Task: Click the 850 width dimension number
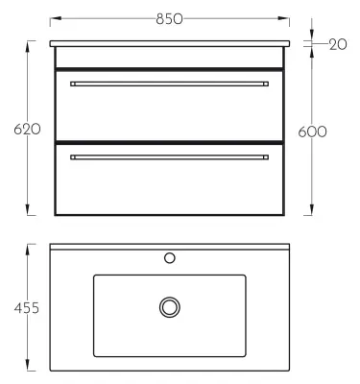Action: (x=169, y=19)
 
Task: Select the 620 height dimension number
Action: (x=27, y=130)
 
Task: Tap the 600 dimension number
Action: (x=312, y=132)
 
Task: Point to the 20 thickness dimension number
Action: (x=338, y=44)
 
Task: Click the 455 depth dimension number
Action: (x=27, y=308)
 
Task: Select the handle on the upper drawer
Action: (x=169, y=84)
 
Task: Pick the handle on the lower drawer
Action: (x=169, y=157)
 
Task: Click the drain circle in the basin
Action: (x=170, y=307)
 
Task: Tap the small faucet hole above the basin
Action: (x=170, y=257)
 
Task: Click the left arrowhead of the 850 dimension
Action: (x=56, y=19)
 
